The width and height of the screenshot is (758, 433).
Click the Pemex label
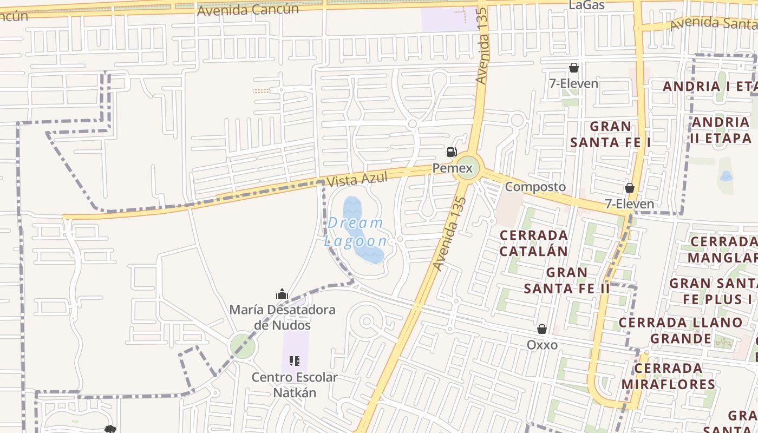tap(452, 168)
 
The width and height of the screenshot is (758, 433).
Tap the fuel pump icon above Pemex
tap(452, 152)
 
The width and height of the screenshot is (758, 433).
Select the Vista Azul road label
tap(357, 180)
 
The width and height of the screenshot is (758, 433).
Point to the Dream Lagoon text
tap(356, 232)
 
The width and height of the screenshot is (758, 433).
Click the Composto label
tap(535, 187)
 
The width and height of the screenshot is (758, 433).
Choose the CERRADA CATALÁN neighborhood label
tap(533, 243)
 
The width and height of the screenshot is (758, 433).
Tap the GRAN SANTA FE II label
tap(567, 280)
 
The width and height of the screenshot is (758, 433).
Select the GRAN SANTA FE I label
tap(610, 134)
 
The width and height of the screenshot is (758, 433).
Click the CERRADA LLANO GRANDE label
tap(681, 330)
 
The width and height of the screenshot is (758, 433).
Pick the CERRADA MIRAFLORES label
tap(668, 376)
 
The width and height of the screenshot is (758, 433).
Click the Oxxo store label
tap(542, 345)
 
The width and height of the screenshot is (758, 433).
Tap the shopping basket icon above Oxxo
tap(542, 329)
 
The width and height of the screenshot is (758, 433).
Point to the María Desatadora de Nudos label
tap(282, 317)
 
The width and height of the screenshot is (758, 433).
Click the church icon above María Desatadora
tap(282, 294)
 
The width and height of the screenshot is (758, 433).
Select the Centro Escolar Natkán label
tap(294, 385)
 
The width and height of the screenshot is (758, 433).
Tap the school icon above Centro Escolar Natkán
tap(295, 360)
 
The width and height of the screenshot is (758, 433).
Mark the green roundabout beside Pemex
tap(466, 168)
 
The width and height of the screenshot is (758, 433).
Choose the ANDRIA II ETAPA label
tap(721, 130)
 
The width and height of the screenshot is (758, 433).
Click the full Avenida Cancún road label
tap(248, 10)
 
